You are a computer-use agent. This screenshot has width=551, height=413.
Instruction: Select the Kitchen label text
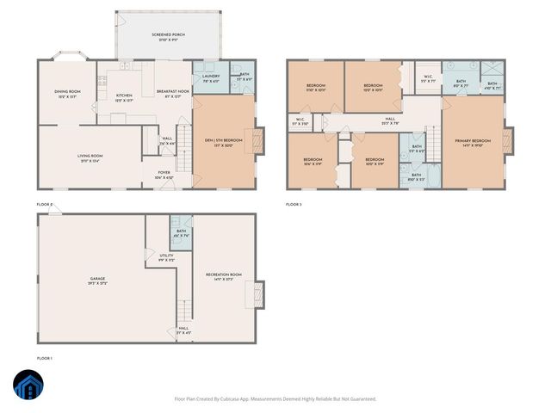(124, 96)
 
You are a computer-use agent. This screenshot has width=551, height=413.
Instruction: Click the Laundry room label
(211, 77)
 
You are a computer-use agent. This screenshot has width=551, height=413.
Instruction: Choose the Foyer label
(164, 176)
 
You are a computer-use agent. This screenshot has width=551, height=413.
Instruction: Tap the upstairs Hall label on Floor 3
(390, 120)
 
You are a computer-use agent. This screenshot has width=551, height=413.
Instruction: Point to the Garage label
(96, 280)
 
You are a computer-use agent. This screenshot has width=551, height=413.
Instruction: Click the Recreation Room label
(223, 275)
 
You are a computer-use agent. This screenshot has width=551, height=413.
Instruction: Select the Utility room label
(166, 256)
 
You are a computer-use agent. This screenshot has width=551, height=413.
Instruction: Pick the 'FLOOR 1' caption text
(45, 357)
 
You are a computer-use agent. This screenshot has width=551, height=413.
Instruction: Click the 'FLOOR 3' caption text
(294, 205)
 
